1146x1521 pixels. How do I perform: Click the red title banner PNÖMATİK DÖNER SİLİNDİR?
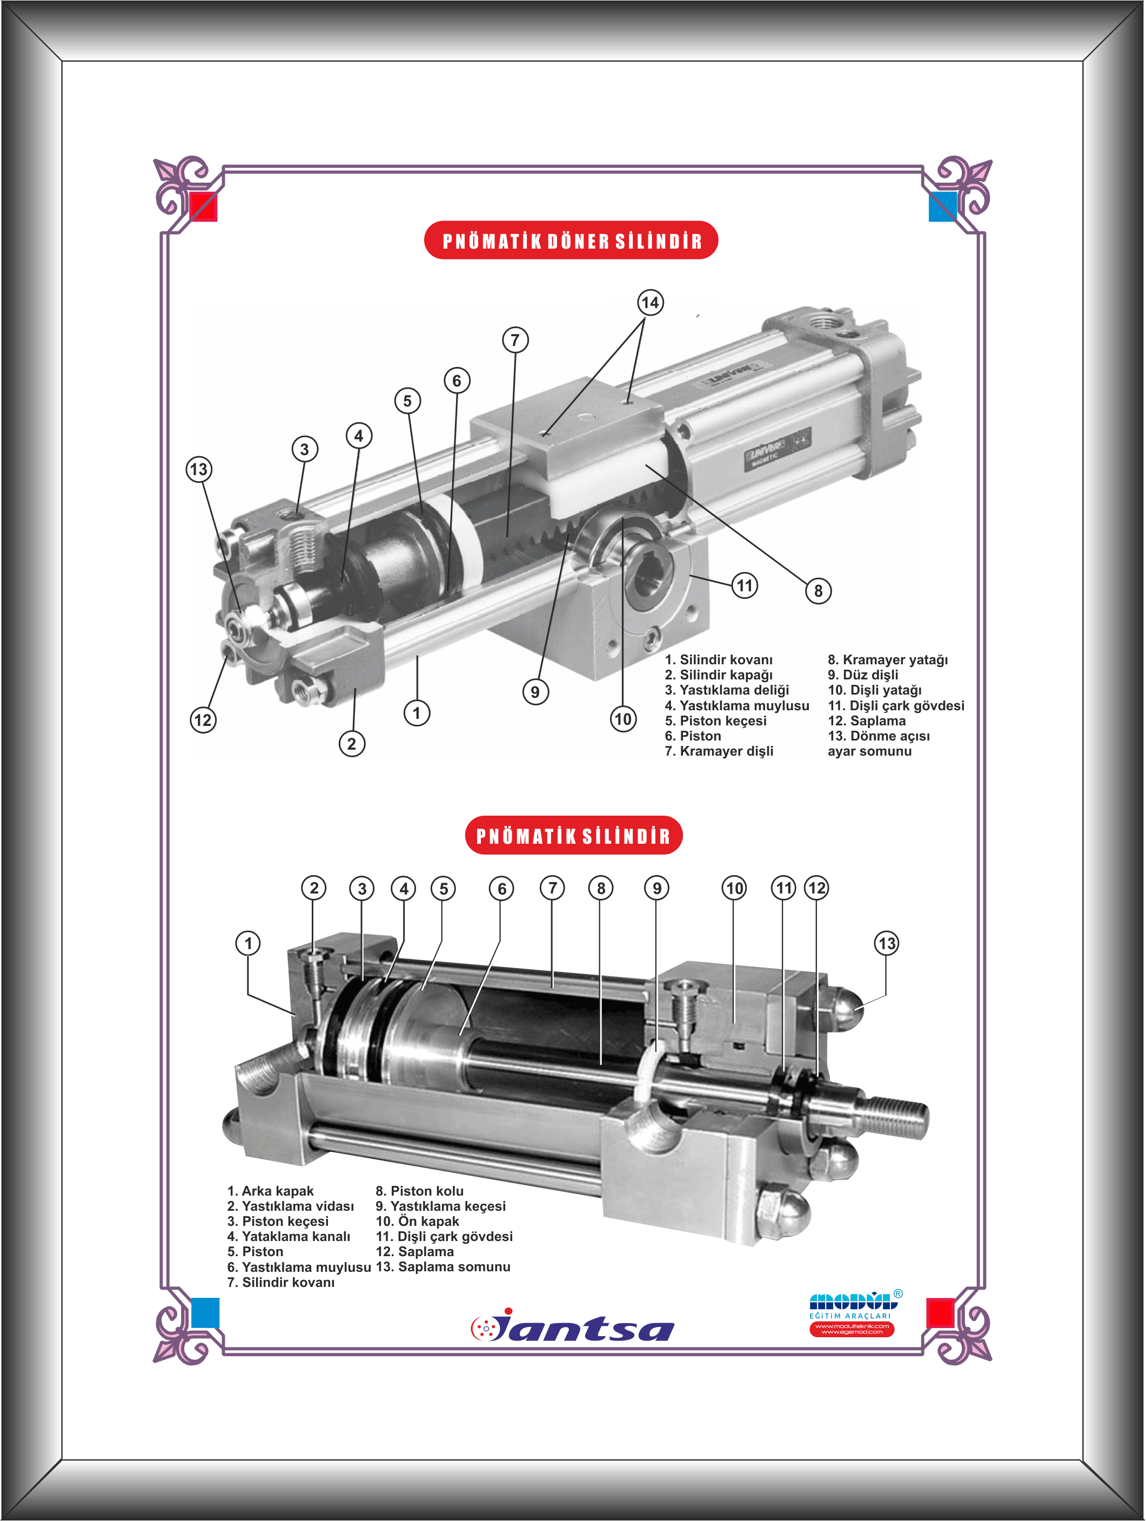coord(571,240)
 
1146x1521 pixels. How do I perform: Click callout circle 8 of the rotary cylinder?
coord(818,591)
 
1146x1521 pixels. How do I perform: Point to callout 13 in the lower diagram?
coord(887,943)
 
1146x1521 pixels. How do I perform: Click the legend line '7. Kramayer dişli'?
coord(719,751)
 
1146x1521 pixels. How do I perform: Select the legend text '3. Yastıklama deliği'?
coord(727,690)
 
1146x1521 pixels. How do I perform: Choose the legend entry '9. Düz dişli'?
coord(863,675)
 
